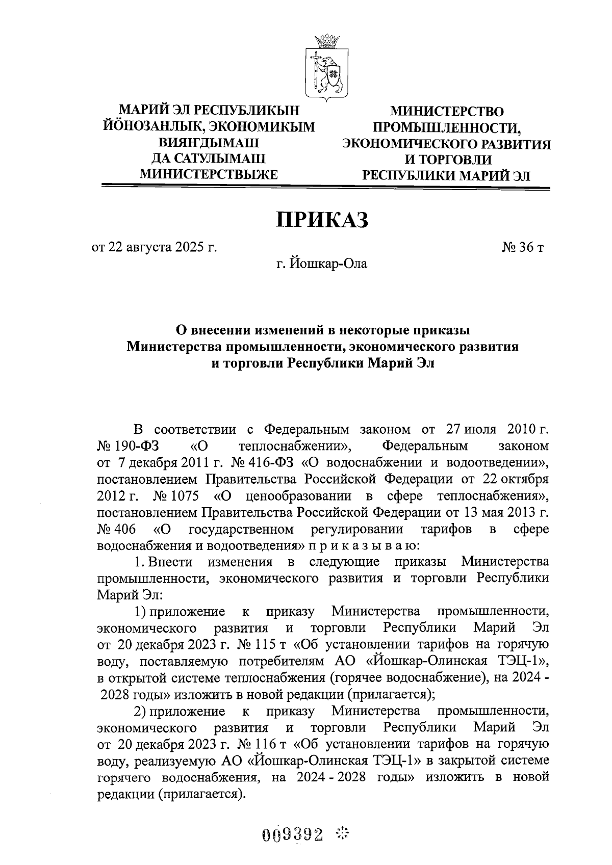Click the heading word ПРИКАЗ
pos(322,220)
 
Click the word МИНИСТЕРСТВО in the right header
pos(446,111)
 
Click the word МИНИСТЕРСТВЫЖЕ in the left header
pos(209,174)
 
